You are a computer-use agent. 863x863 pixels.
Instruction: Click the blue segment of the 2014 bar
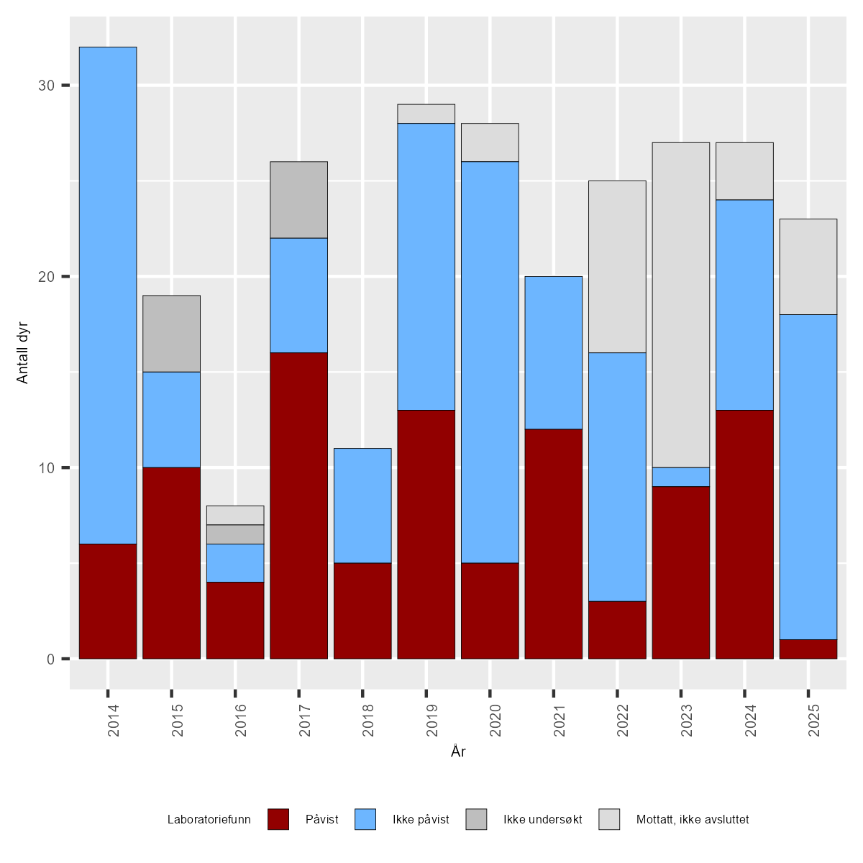pyautogui.click(x=108, y=295)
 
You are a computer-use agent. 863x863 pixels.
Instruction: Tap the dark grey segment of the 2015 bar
pyautogui.click(x=171, y=334)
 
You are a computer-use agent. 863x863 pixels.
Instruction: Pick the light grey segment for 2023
pyautogui.click(x=680, y=305)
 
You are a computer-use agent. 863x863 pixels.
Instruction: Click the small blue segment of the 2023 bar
pyautogui.click(x=680, y=477)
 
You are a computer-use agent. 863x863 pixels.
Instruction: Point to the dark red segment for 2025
pyautogui.click(x=808, y=649)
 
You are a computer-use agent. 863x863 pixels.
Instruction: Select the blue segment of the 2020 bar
pyautogui.click(x=490, y=362)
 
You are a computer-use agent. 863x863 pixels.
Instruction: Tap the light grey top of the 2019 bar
pyautogui.click(x=426, y=114)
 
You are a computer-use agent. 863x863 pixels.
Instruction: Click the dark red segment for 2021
pyautogui.click(x=553, y=544)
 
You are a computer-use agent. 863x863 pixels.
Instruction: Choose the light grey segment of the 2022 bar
pyautogui.click(x=617, y=266)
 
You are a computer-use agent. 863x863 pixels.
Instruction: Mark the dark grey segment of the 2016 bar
pyautogui.click(x=235, y=534)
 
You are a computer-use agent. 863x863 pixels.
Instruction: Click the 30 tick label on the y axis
pyautogui.click(x=47, y=86)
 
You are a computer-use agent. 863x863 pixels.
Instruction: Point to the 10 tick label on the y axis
pyautogui.click(x=47, y=467)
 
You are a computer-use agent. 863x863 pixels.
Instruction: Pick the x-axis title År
pyautogui.click(x=458, y=752)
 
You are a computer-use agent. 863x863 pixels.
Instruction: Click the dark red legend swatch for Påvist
pyautogui.click(x=278, y=819)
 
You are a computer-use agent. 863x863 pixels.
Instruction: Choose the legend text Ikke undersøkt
pyautogui.click(x=542, y=820)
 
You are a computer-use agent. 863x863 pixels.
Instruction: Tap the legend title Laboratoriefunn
pyautogui.click(x=209, y=820)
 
